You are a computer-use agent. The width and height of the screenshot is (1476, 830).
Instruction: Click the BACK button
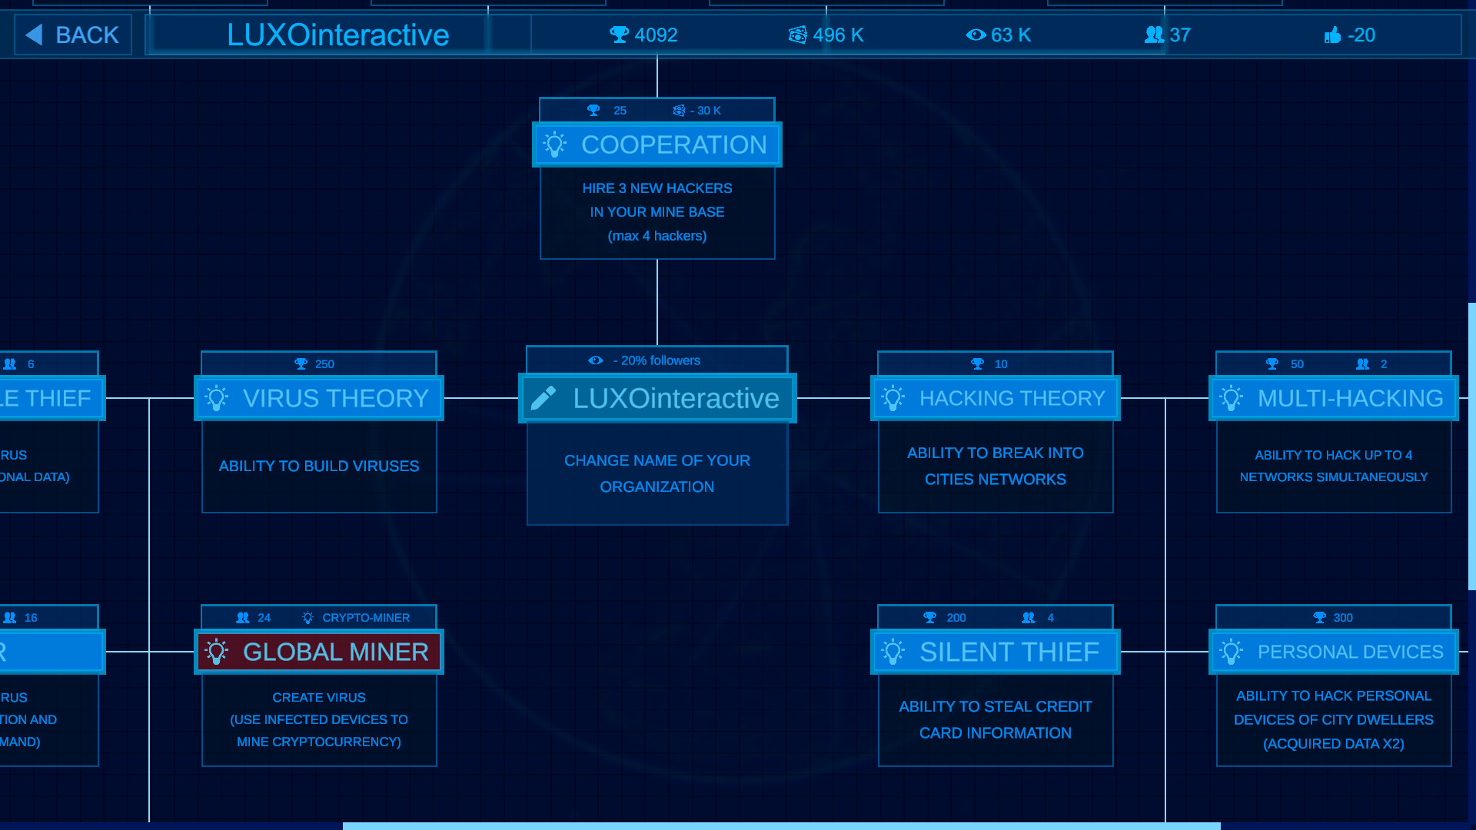(73, 35)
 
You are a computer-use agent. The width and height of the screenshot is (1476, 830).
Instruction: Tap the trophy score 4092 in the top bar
(644, 35)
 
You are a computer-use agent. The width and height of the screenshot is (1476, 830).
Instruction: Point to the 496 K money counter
(826, 35)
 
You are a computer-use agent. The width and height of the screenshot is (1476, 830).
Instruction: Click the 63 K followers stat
(999, 35)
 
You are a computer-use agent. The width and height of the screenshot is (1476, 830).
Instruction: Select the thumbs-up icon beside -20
(1332, 35)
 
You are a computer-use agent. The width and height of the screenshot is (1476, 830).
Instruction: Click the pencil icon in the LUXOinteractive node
(544, 398)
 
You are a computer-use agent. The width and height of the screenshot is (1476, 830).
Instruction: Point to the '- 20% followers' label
(656, 360)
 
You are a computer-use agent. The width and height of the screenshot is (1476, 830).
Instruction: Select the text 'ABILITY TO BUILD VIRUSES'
(319, 466)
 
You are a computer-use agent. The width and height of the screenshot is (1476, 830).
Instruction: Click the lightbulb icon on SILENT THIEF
(893, 652)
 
